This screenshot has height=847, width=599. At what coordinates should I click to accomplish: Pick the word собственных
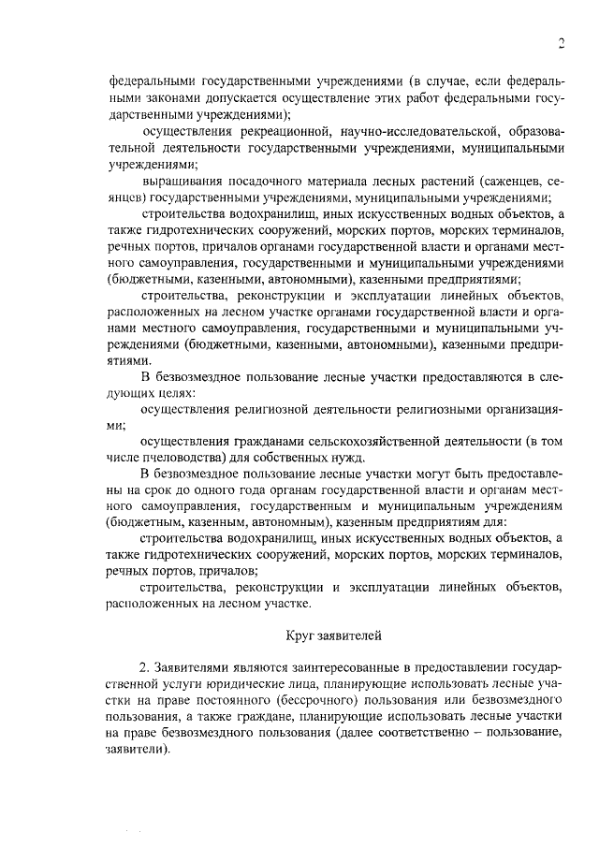click(x=291, y=458)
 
